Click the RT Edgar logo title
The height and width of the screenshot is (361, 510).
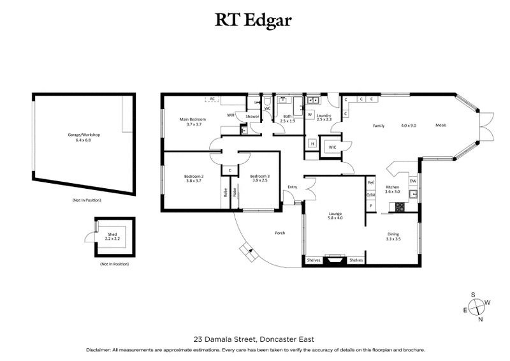[x=254, y=20]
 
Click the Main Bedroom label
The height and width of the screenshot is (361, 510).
[x=193, y=119]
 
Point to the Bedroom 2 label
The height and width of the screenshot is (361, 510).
[x=193, y=176]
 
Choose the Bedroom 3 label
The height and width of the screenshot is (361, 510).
[x=259, y=176]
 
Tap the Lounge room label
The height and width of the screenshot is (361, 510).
[x=335, y=214]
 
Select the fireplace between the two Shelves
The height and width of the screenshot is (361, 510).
[x=335, y=260]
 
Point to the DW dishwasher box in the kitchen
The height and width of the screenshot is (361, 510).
[x=413, y=181]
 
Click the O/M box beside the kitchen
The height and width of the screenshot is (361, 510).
[x=370, y=195]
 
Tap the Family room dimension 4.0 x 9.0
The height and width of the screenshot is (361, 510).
[x=409, y=126]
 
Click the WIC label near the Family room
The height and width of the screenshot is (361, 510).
[x=332, y=147]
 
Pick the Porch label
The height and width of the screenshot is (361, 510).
[x=279, y=233]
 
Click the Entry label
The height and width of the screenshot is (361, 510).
[x=293, y=187]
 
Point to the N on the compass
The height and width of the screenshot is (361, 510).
[x=481, y=319]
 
